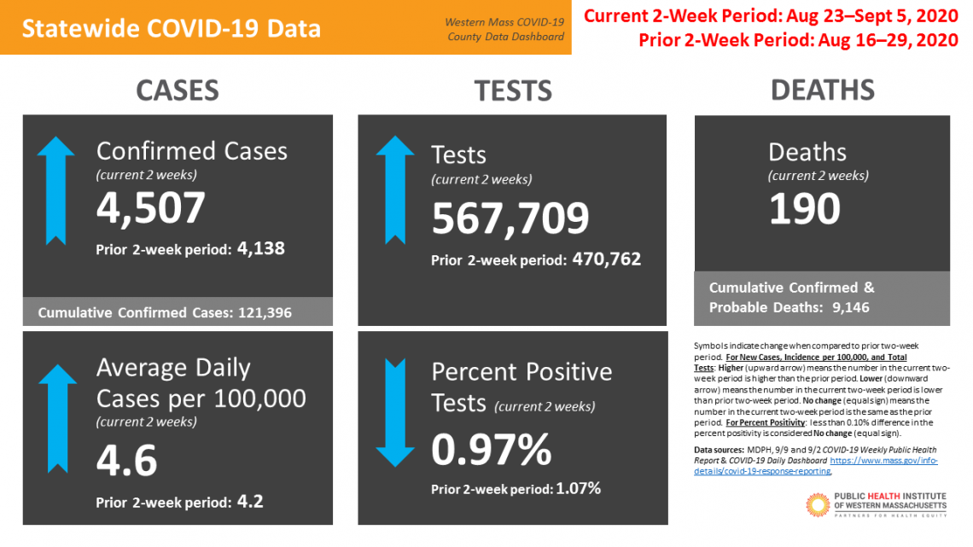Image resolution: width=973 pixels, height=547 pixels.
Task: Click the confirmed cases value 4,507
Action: pos(151,208)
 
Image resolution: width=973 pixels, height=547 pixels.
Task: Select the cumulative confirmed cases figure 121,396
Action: pos(262,313)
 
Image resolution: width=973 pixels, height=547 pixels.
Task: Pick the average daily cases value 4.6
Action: pos(127,460)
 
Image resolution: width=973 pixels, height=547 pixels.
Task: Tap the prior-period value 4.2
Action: pos(249,501)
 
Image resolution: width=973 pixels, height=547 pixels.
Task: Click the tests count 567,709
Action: pos(510,218)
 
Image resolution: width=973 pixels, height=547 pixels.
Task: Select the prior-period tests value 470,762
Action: pos(606,259)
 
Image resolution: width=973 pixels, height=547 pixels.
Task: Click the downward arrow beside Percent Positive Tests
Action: pos(395,413)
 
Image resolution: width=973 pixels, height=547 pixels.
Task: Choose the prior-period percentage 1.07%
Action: pos(579,489)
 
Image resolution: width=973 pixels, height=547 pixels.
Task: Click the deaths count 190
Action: pos(805,209)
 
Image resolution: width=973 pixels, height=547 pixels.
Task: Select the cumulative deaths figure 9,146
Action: pos(850,307)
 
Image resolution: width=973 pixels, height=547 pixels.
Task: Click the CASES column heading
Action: pos(178,90)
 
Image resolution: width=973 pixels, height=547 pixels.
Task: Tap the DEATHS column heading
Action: pos(822,90)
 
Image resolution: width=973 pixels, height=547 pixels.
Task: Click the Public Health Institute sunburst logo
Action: pos(817,504)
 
